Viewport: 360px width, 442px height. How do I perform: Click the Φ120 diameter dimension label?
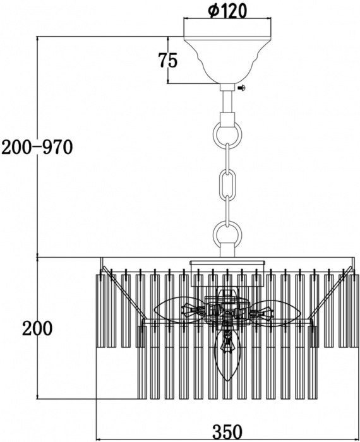[x=227, y=11]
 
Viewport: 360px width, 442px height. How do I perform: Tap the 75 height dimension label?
[x=168, y=60]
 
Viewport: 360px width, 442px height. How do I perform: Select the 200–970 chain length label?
[x=37, y=147]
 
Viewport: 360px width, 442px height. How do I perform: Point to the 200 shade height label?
[x=37, y=328]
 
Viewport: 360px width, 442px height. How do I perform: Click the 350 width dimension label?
[x=227, y=431]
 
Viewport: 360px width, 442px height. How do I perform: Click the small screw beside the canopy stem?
[x=242, y=88]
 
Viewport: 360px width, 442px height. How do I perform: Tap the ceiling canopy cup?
[x=227, y=60]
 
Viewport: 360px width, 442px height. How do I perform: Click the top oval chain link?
[x=227, y=158]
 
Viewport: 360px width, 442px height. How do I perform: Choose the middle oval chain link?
[x=227, y=184]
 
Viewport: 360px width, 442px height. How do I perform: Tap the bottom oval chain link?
[x=227, y=210]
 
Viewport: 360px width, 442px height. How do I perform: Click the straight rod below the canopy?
[x=227, y=101]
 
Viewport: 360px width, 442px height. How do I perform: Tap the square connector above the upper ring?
[x=227, y=119]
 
